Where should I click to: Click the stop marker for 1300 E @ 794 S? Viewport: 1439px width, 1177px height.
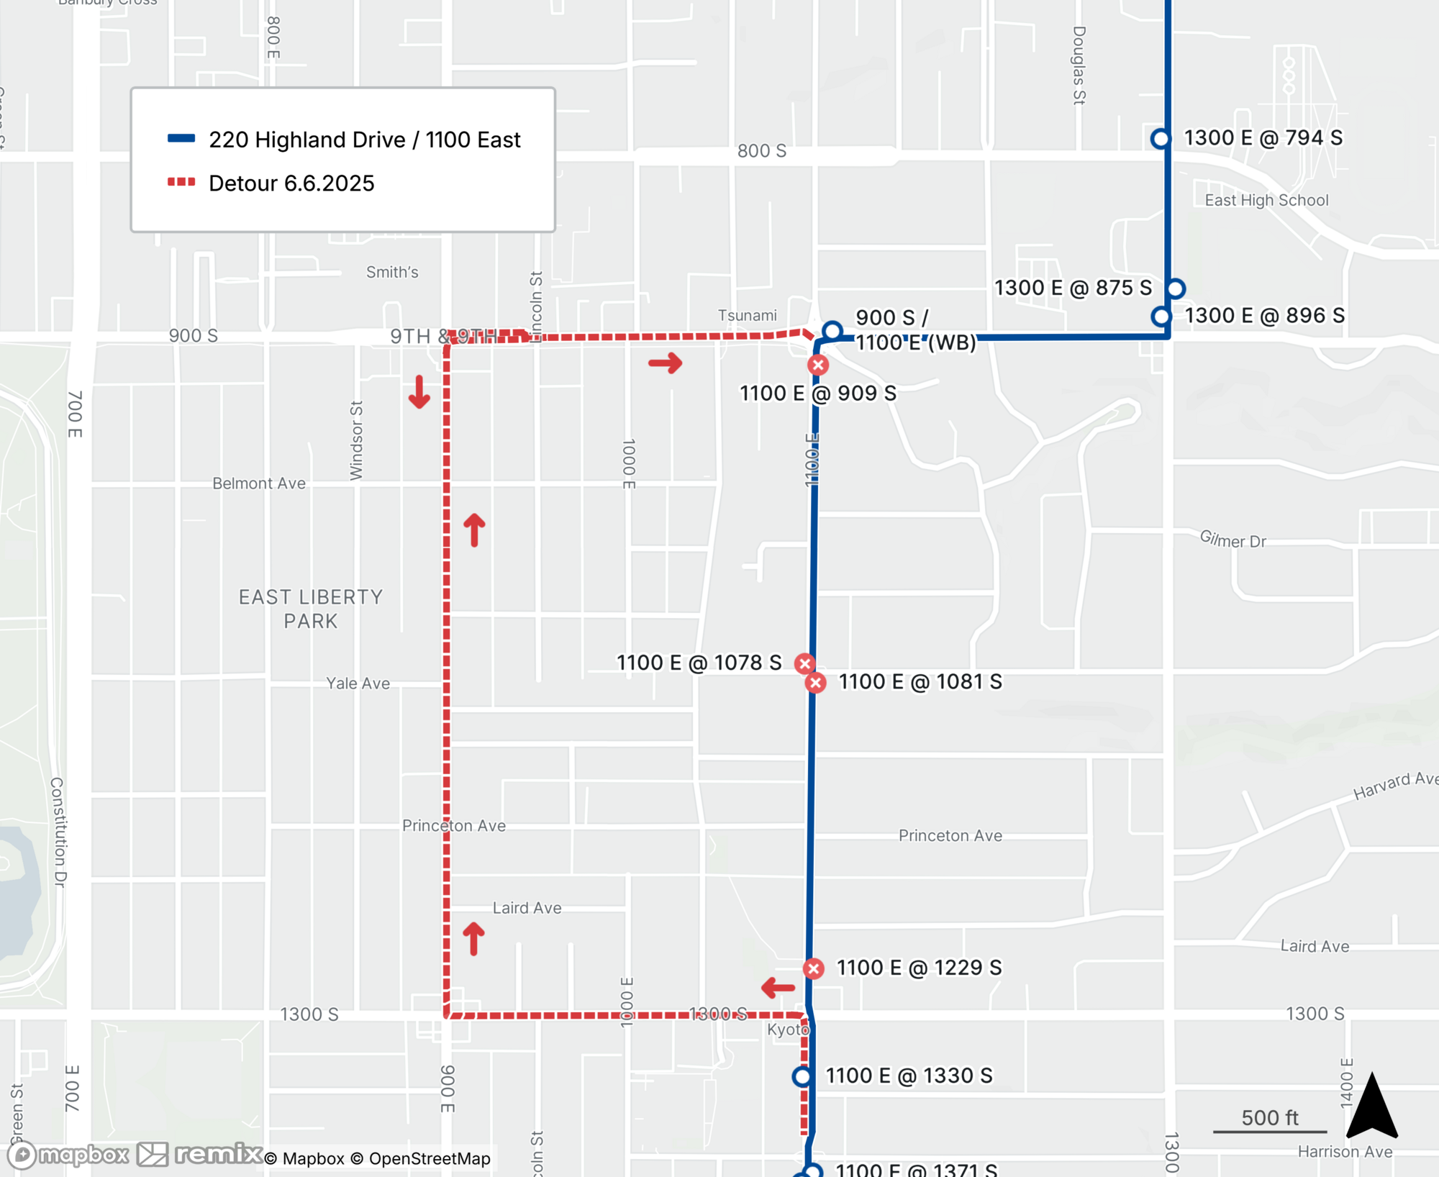1161,138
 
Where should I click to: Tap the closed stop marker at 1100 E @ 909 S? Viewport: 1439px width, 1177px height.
817,365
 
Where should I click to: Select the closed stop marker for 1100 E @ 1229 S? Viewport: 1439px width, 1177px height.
814,968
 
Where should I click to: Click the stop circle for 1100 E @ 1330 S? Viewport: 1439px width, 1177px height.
802,1076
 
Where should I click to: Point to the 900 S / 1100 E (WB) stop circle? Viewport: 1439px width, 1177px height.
832,331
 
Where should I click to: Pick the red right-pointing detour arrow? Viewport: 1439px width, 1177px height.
666,363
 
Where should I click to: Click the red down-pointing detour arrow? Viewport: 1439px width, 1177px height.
419,392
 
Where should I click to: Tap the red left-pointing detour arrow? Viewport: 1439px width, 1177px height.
778,988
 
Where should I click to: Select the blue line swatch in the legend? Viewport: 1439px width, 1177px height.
181,138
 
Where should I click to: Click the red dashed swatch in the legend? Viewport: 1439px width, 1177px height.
181,182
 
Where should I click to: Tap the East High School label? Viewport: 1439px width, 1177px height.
1266,200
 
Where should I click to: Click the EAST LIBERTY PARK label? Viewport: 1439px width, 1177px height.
311,609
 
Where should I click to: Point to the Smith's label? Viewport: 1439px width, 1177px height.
392,272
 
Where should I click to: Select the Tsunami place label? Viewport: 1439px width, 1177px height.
748,315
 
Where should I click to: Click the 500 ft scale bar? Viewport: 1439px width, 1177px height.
1270,1131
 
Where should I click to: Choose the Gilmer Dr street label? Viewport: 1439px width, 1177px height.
1233,539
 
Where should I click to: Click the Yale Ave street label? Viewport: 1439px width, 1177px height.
358,683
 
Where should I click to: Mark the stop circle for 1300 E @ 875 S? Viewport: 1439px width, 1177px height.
1176,288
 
